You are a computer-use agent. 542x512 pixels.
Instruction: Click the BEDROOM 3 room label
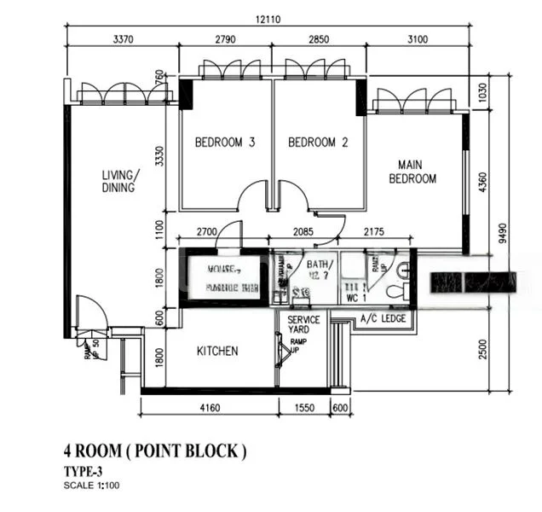pos(225,143)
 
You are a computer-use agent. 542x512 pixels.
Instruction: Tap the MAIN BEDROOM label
pos(412,171)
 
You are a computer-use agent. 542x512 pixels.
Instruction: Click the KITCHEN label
pos(217,351)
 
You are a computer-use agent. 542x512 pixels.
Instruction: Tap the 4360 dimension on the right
pos(483,183)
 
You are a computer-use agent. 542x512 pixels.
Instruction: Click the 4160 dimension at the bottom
pos(210,408)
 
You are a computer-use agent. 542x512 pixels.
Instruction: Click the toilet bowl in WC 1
pos(395,291)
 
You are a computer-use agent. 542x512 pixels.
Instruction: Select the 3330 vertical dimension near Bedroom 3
pos(159,159)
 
